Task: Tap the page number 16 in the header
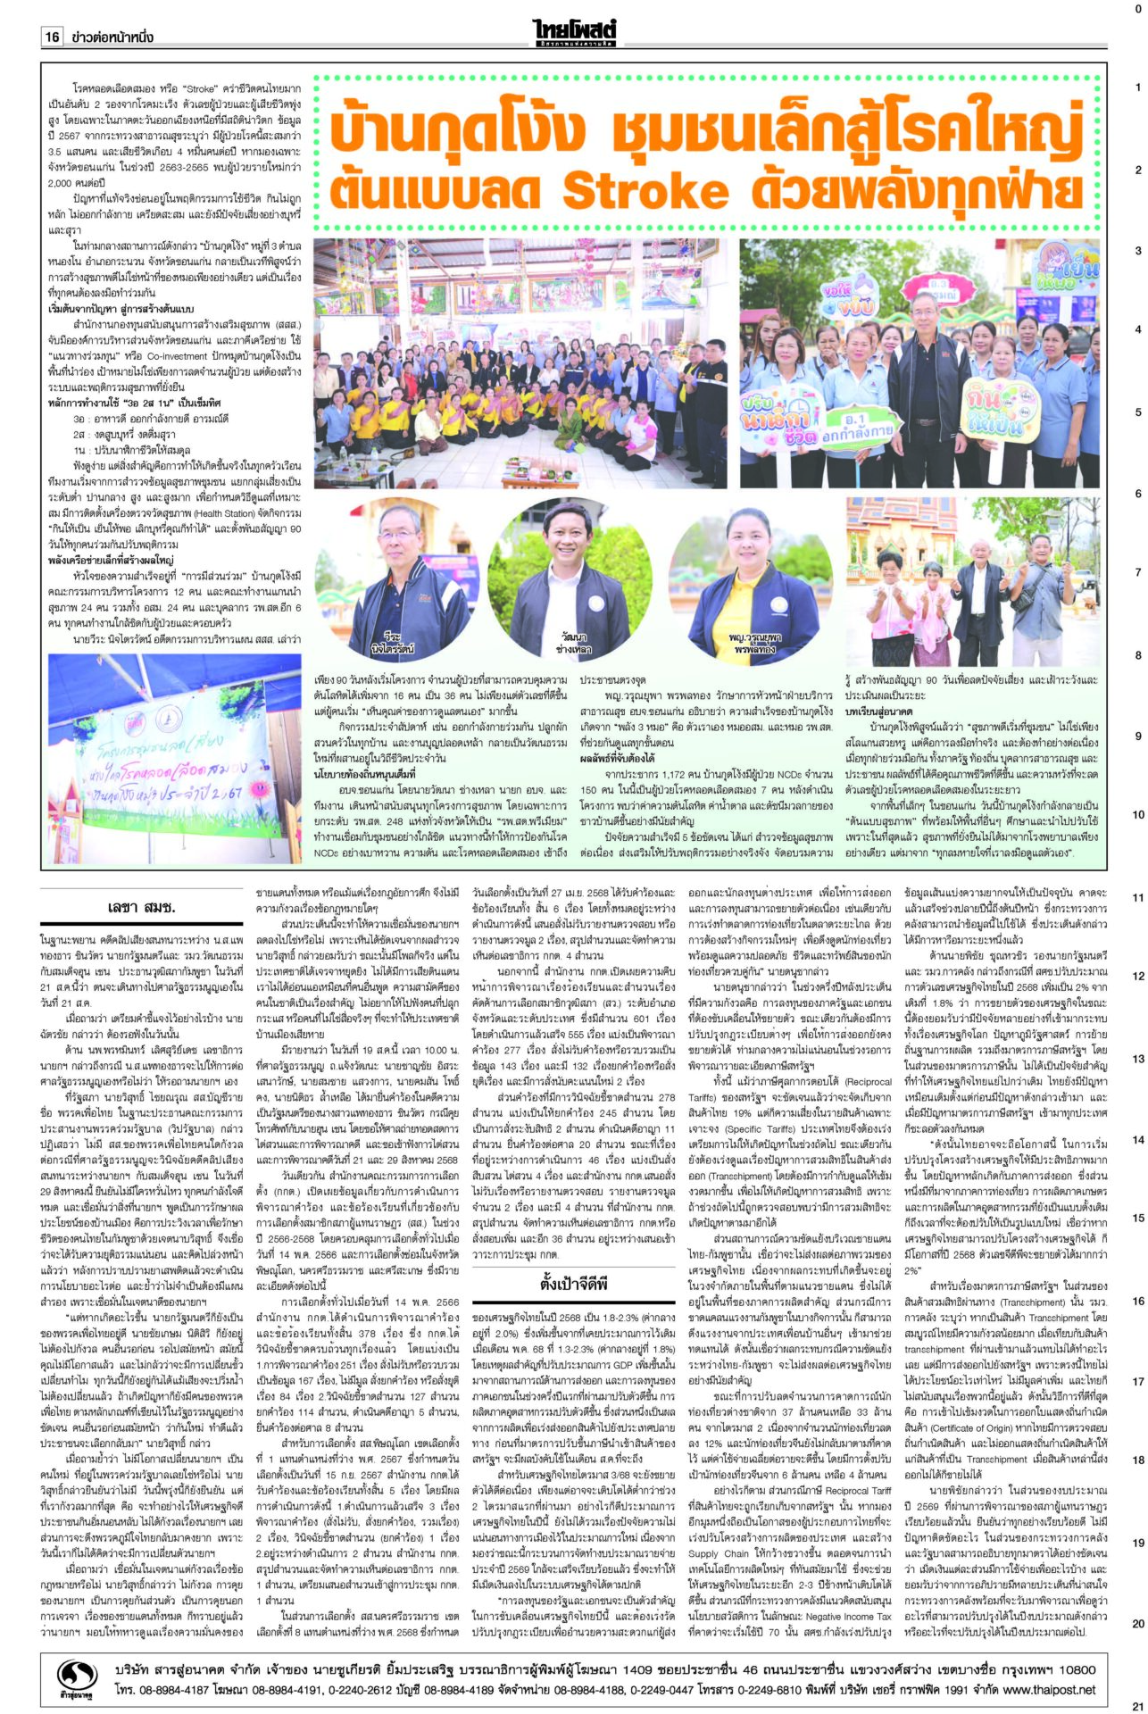pos(52,37)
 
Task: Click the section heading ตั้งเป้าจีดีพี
pos(574,1284)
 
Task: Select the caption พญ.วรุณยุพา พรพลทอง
pos(752,645)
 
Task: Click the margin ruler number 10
pos(1138,815)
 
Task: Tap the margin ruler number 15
pos(1138,1218)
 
